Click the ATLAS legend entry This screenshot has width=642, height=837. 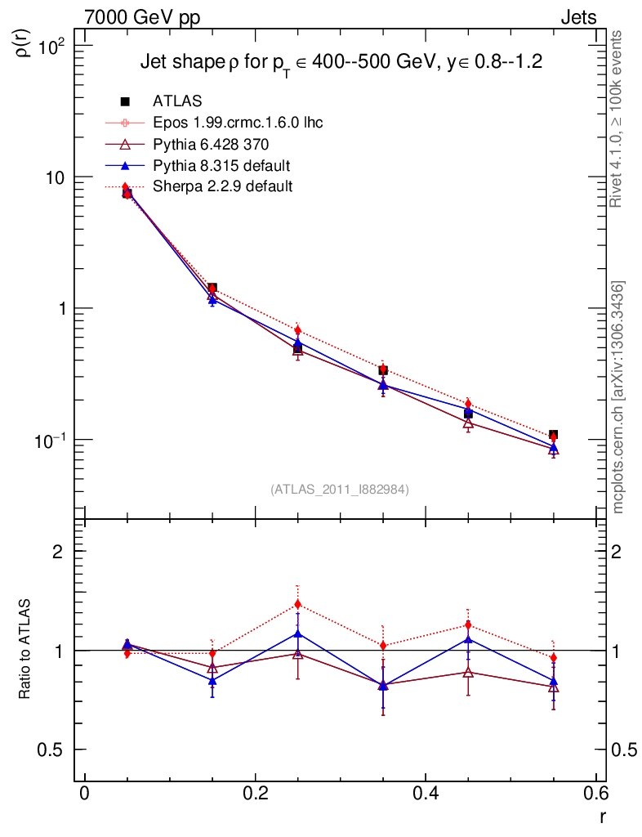point(177,101)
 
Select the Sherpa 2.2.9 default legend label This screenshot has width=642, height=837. point(222,186)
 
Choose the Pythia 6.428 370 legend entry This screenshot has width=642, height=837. point(210,144)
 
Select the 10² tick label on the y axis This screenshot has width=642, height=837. point(58,47)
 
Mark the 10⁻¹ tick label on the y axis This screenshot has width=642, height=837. point(56,440)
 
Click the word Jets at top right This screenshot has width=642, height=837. point(577,17)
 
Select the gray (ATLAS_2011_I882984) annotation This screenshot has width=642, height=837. point(340,489)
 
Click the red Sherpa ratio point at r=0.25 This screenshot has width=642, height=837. point(297,604)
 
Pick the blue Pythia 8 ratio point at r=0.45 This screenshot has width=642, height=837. point(468,638)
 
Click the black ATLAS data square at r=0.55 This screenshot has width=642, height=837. point(553,435)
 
